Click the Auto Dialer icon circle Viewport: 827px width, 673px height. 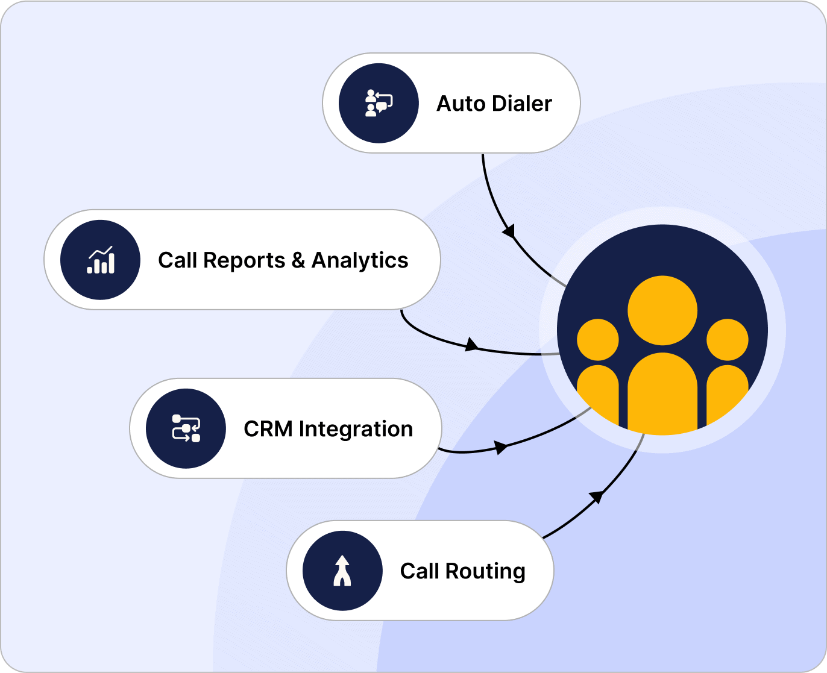click(379, 103)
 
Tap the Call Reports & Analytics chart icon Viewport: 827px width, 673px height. click(101, 260)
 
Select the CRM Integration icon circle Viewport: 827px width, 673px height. click(186, 428)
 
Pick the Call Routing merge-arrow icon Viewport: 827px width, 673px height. click(342, 571)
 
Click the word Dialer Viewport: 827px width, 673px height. click(522, 104)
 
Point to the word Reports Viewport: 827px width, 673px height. click(244, 260)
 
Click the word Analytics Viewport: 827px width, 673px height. click(360, 260)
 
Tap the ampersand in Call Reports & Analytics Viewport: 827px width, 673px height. click(298, 260)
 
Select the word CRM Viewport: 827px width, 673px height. click(268, 429)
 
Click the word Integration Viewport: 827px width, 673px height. click(356, 429)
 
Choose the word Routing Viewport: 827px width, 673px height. click(485, 571)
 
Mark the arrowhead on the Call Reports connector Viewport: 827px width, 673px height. click(471, 345)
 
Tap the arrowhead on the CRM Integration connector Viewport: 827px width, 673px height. click(500, 447)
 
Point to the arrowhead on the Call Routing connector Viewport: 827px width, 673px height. click(596, 496)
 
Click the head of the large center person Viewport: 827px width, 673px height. click(662, 310)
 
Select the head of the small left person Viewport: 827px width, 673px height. click(598, 340)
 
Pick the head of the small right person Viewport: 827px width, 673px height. click(728, 340)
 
